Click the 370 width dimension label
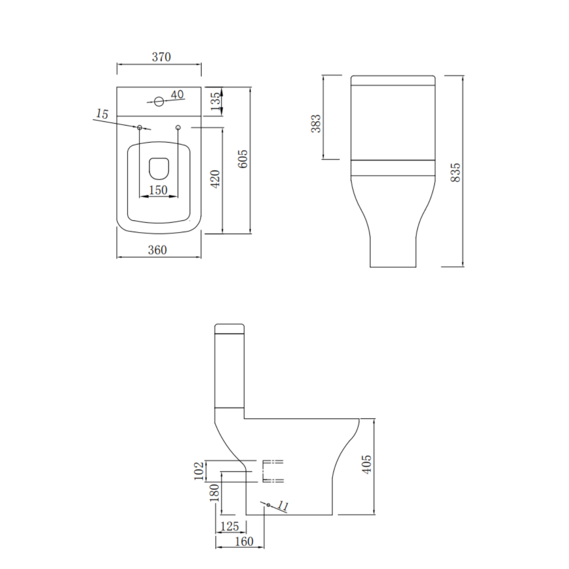pos(161,57)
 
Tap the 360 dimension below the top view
pos(157,250)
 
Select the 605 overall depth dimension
pos(243,159)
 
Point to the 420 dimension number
pos(215,179)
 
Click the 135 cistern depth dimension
pos(215,101)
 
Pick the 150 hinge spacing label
pos(158,190)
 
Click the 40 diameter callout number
pos(177,94)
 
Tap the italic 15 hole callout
pos(102,113)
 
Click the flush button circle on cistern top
pos(159,101)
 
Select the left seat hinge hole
pos(140,128)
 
